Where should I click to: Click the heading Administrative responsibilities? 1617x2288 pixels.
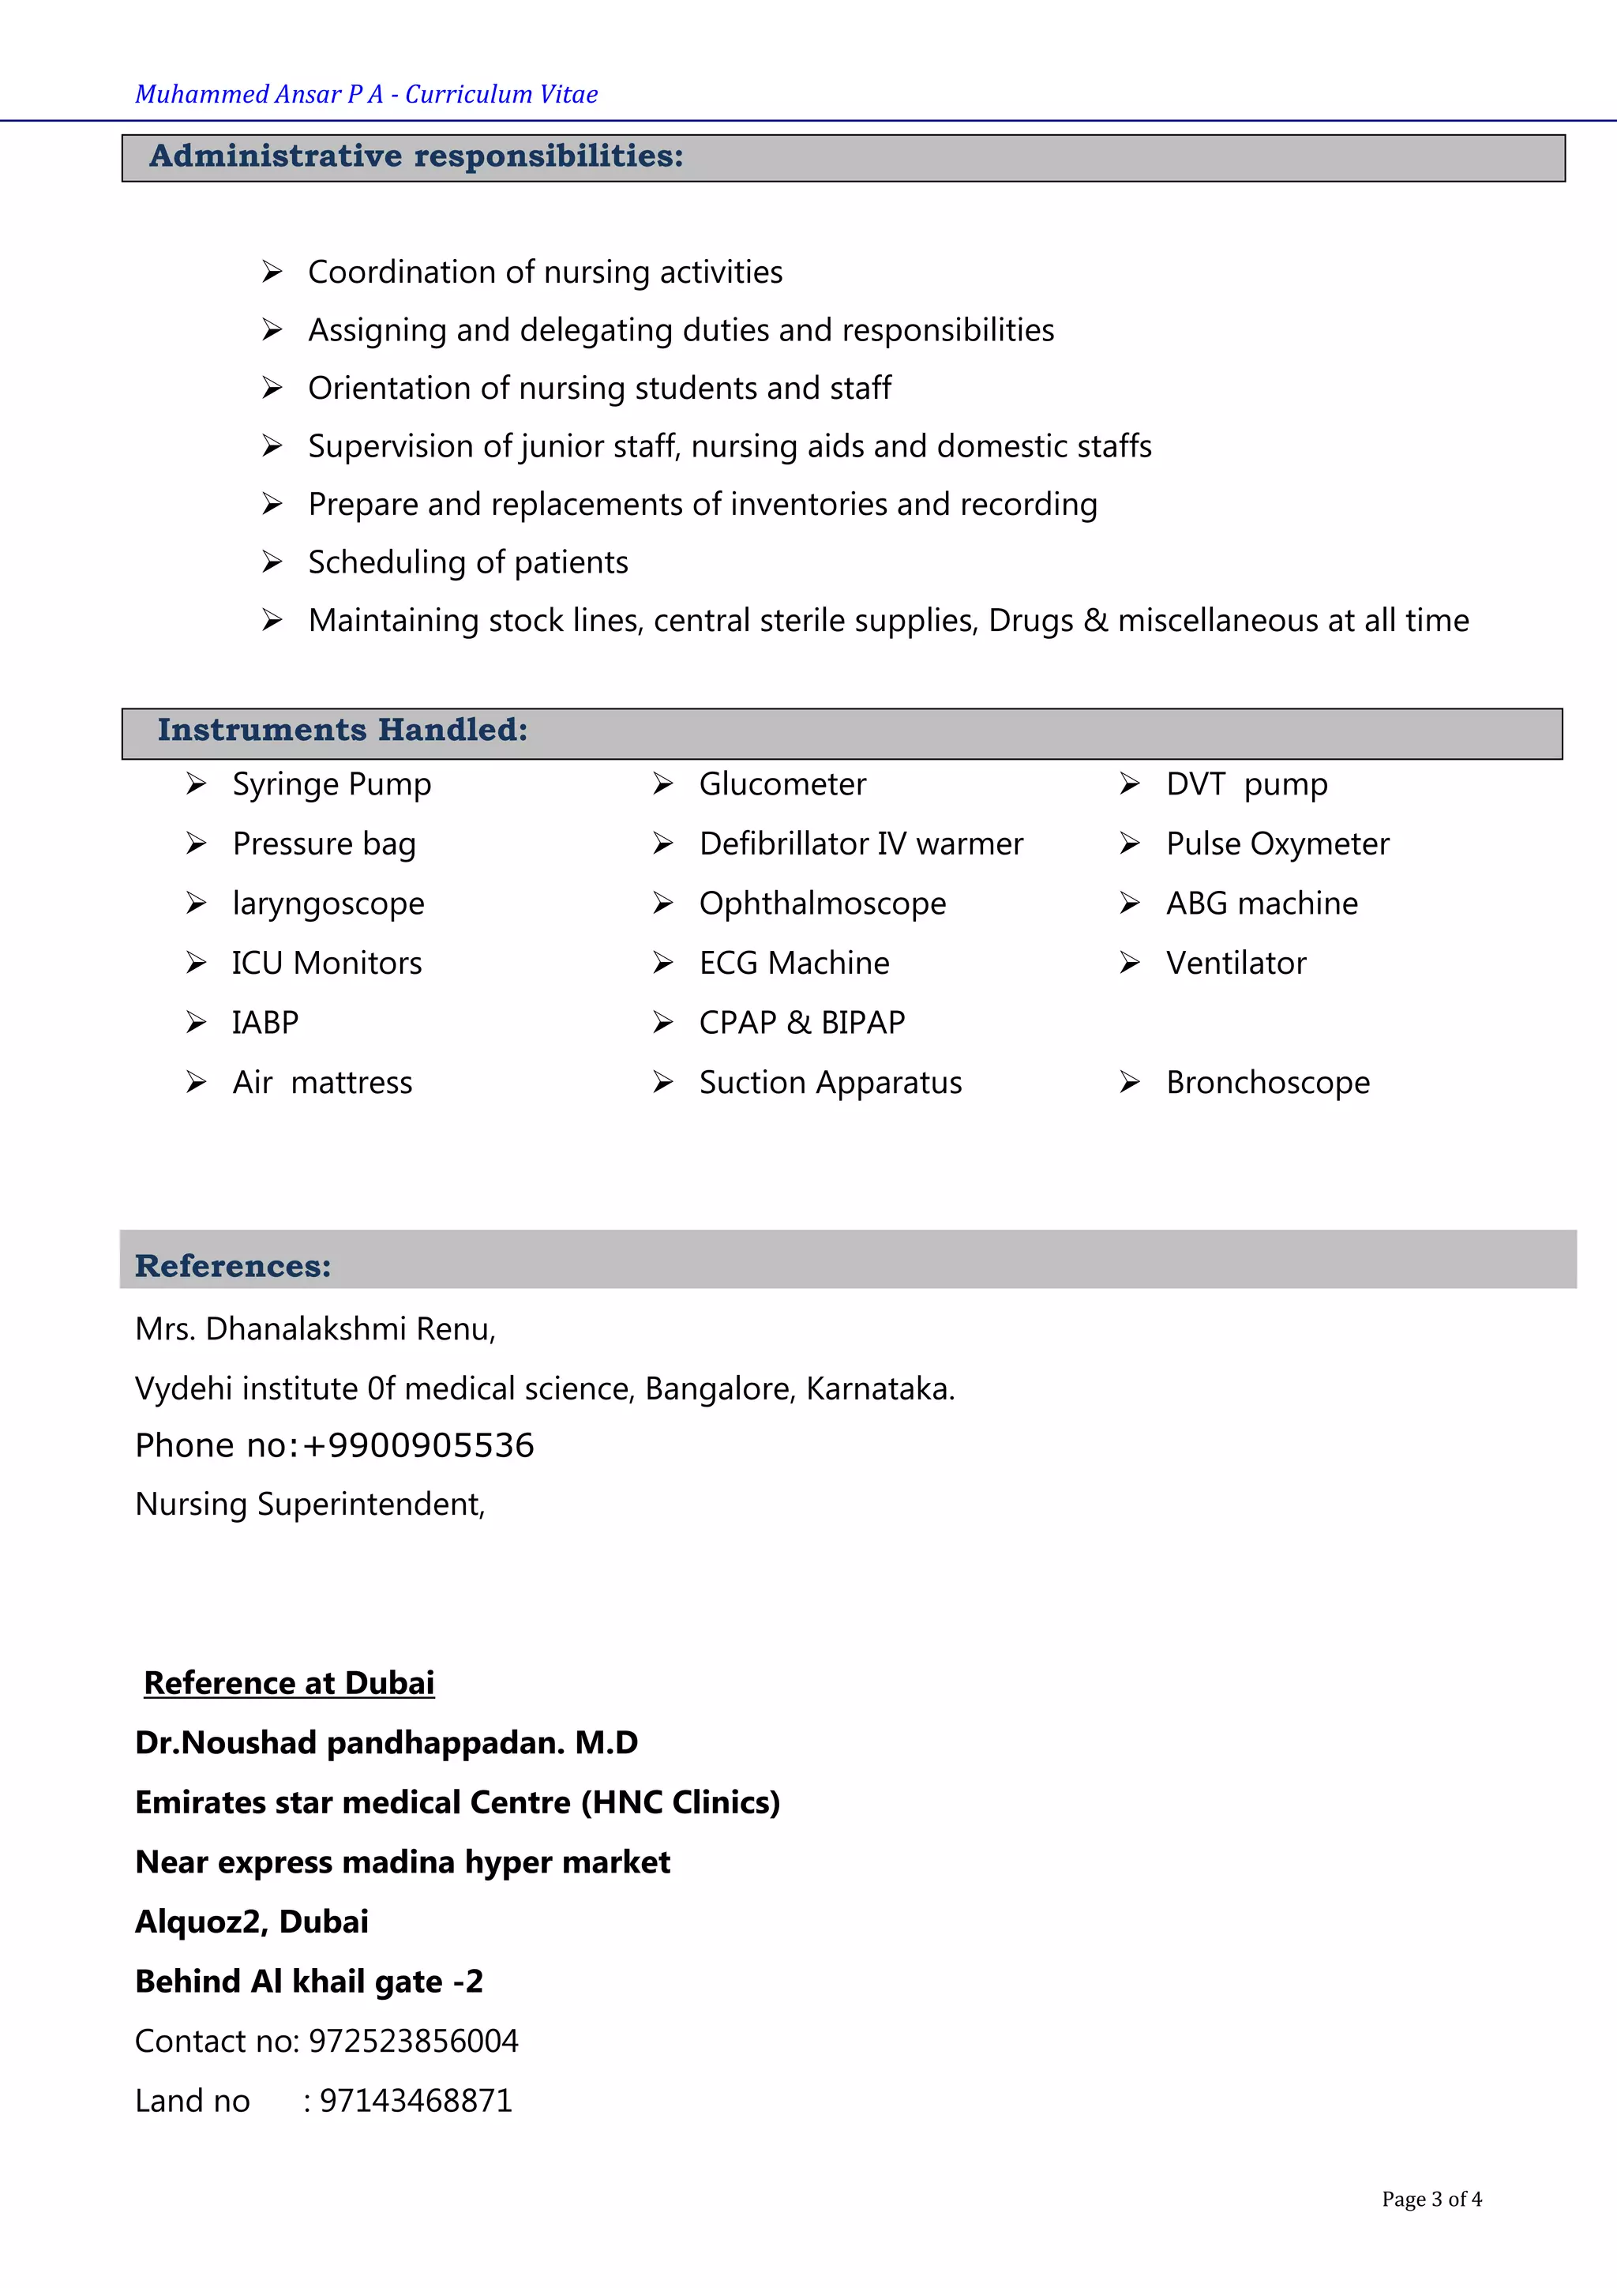pos(415,156)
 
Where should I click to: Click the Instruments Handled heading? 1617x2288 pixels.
pos(342,731)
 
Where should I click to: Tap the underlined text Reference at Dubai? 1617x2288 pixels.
pos(289,1682)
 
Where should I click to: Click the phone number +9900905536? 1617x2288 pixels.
pos(418,1445)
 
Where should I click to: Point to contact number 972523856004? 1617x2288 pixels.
pos(414,2041)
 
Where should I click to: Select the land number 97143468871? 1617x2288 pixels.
pos(415,2101)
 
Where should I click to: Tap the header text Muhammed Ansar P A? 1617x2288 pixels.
pos(259,95)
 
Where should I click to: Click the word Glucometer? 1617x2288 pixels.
pos(782,784)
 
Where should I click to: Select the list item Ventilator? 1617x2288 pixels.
pos(1236,963)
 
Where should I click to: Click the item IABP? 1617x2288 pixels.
pos(265,1023)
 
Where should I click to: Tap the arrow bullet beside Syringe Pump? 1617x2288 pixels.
pos(197,784)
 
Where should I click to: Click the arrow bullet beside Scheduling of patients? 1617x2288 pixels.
pos(272,562)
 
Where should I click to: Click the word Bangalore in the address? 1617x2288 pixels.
pos(718,1388)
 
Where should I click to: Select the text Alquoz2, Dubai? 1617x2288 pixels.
pos(251,1922)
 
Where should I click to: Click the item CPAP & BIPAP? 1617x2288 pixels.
pos(802,1023)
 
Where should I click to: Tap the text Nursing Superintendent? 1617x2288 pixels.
pos(310,1504)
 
